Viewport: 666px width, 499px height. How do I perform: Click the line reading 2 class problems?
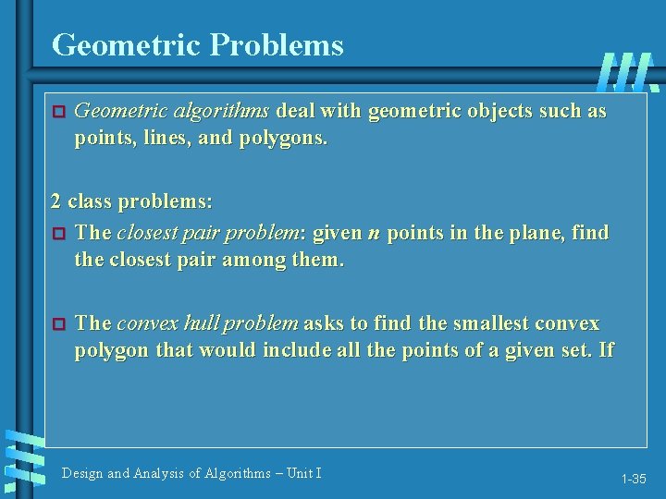(131, 201)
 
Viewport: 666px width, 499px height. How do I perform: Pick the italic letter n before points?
(374, 233)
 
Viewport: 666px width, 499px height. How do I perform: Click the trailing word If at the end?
(605, 351)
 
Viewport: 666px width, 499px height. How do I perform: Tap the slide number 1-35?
(634, 479)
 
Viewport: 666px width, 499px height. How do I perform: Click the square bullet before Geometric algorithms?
(57, 113)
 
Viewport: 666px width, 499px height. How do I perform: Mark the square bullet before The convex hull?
(57, 324)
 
